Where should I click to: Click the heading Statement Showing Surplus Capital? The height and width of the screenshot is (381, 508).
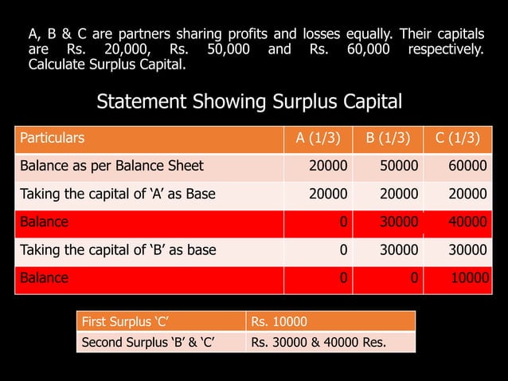coord(249,103)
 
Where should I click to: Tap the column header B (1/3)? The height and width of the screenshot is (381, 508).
coord(388,138)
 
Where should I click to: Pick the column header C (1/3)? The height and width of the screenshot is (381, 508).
coord(457,138)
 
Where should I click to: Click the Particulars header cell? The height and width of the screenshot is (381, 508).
coord(52,138)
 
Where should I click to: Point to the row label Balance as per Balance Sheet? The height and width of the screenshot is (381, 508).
coord(111,167)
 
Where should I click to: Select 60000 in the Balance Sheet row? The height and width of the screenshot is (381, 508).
coord(468,167)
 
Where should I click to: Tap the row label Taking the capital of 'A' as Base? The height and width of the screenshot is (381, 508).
coord(117,194)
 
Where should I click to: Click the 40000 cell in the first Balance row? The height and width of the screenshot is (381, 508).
coord(468,222)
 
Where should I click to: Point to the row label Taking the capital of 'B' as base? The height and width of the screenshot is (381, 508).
coord(117,250)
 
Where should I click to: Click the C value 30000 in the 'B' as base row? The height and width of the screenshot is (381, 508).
coord(468,250)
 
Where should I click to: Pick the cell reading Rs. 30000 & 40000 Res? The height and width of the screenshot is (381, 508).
coord(318,343)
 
